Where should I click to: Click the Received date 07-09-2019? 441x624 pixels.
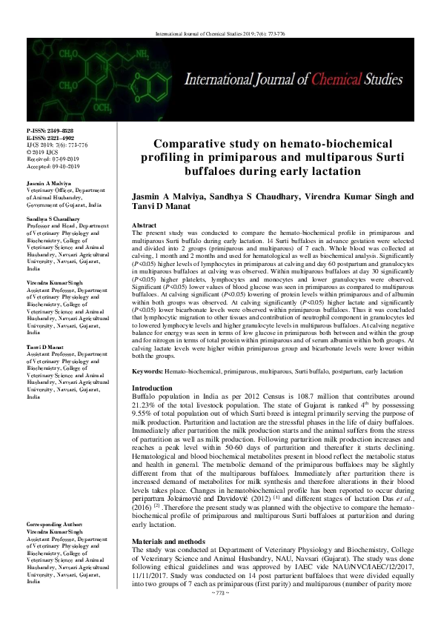50,159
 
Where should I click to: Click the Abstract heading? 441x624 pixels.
143,224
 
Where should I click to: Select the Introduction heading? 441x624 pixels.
151,388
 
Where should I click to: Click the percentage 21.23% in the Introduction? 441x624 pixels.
145,407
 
